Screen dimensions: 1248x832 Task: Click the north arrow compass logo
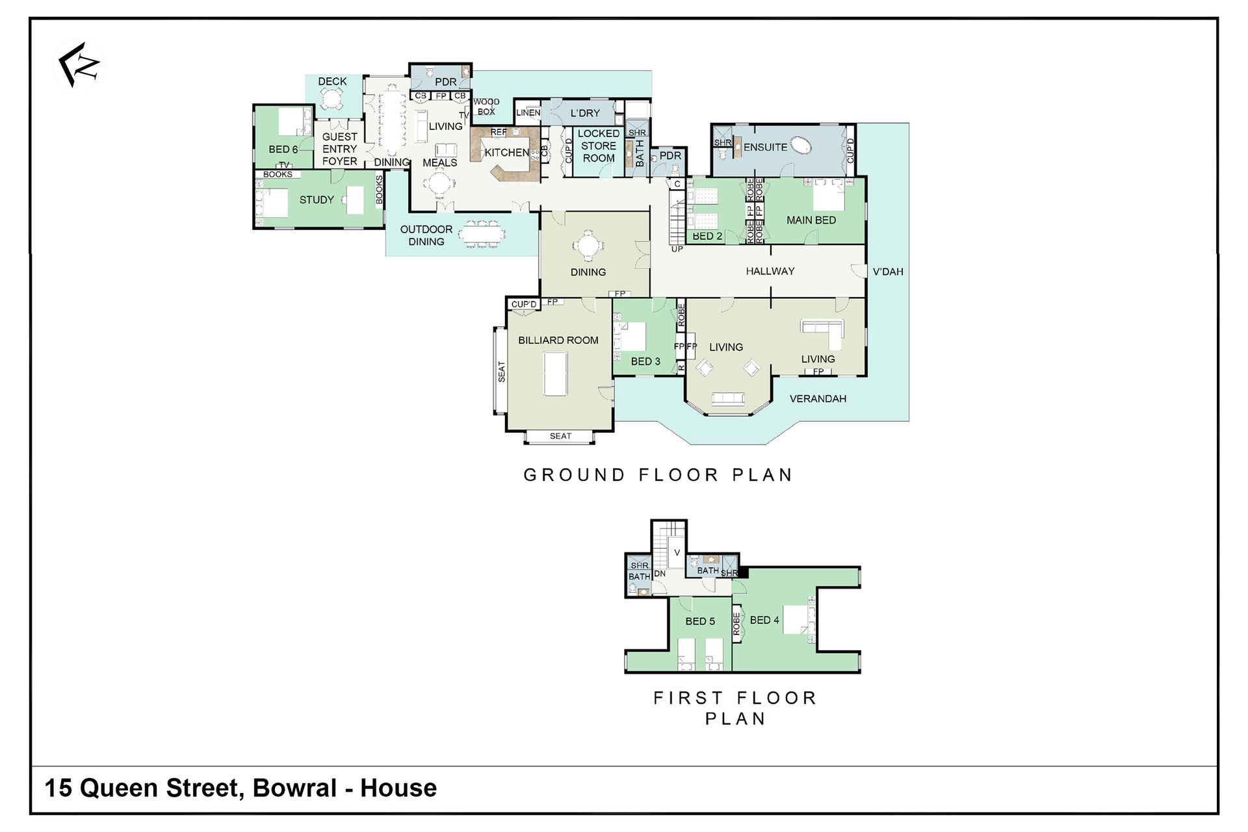pyautogui.click(x=79, y=65)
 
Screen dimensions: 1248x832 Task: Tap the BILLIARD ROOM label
pyautogui.click(x=558, y=340)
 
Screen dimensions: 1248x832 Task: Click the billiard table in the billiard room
pyautogui.click(x=556, y=373)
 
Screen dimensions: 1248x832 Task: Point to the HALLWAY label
pyautogui.click(x=770, y=271)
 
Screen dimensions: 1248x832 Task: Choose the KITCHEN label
pyautogui.click(x=507, y=153)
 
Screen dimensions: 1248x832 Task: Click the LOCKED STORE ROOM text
pyautogui.click(x=598, y=146)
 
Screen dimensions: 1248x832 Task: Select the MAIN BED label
pyautogui.click(x=811, y=220)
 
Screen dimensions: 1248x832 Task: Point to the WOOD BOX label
pyautogui.click(x=486, y=107)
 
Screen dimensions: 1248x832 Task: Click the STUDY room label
pyautogui.click(x=317, y=200)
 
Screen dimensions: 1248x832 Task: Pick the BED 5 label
pyautogui.click(x=700, y=621)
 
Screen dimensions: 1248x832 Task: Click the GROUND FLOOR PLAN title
pyautogui.click(x=658, y=475)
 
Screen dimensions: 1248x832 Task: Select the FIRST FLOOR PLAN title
pyautogui.click(x=735, y=708)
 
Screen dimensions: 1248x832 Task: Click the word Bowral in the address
pyautogui.click(x=294, y=788)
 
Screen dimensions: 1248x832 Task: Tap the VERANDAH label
pyautogui.click(x=818, y=398)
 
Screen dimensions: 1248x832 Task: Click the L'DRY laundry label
pyautogui.click(x=585, y=113)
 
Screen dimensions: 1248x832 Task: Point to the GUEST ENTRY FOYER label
pyautogui.click(x=339, y=149)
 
